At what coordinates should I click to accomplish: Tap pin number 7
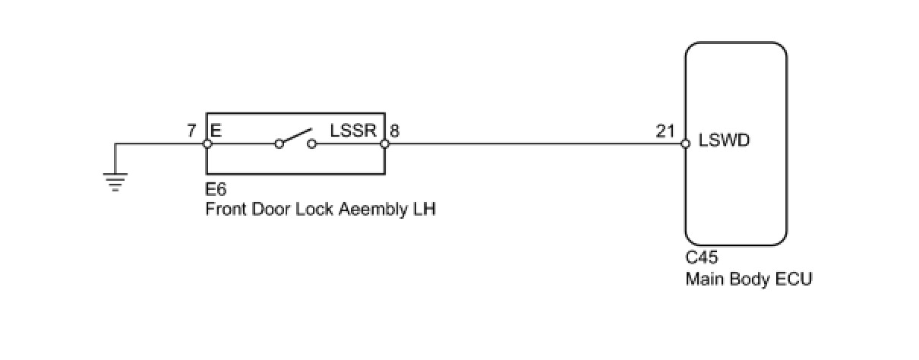(x=191, y=131)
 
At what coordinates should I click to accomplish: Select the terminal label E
(x=216, y=131)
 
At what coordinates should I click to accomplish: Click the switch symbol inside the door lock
(x=295, y=140)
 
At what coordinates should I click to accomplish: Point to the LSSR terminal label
(x=353, y=131)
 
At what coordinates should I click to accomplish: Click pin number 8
(x=395, y=131)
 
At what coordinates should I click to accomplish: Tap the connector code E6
(x=216, y=189)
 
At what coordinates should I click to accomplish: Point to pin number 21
(x=665, y=131)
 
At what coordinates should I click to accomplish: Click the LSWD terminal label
(x=725, y=141)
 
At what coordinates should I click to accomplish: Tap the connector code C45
(x=702, y=258)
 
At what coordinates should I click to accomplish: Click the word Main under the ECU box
(x=703, y=279)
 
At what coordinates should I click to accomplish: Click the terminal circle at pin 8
(x=384, y=143)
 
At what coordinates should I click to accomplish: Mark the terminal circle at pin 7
(x=207, y=143)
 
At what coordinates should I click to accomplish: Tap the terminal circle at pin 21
(x=686, y=143)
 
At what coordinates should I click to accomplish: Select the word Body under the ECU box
(x=748, y=279)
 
